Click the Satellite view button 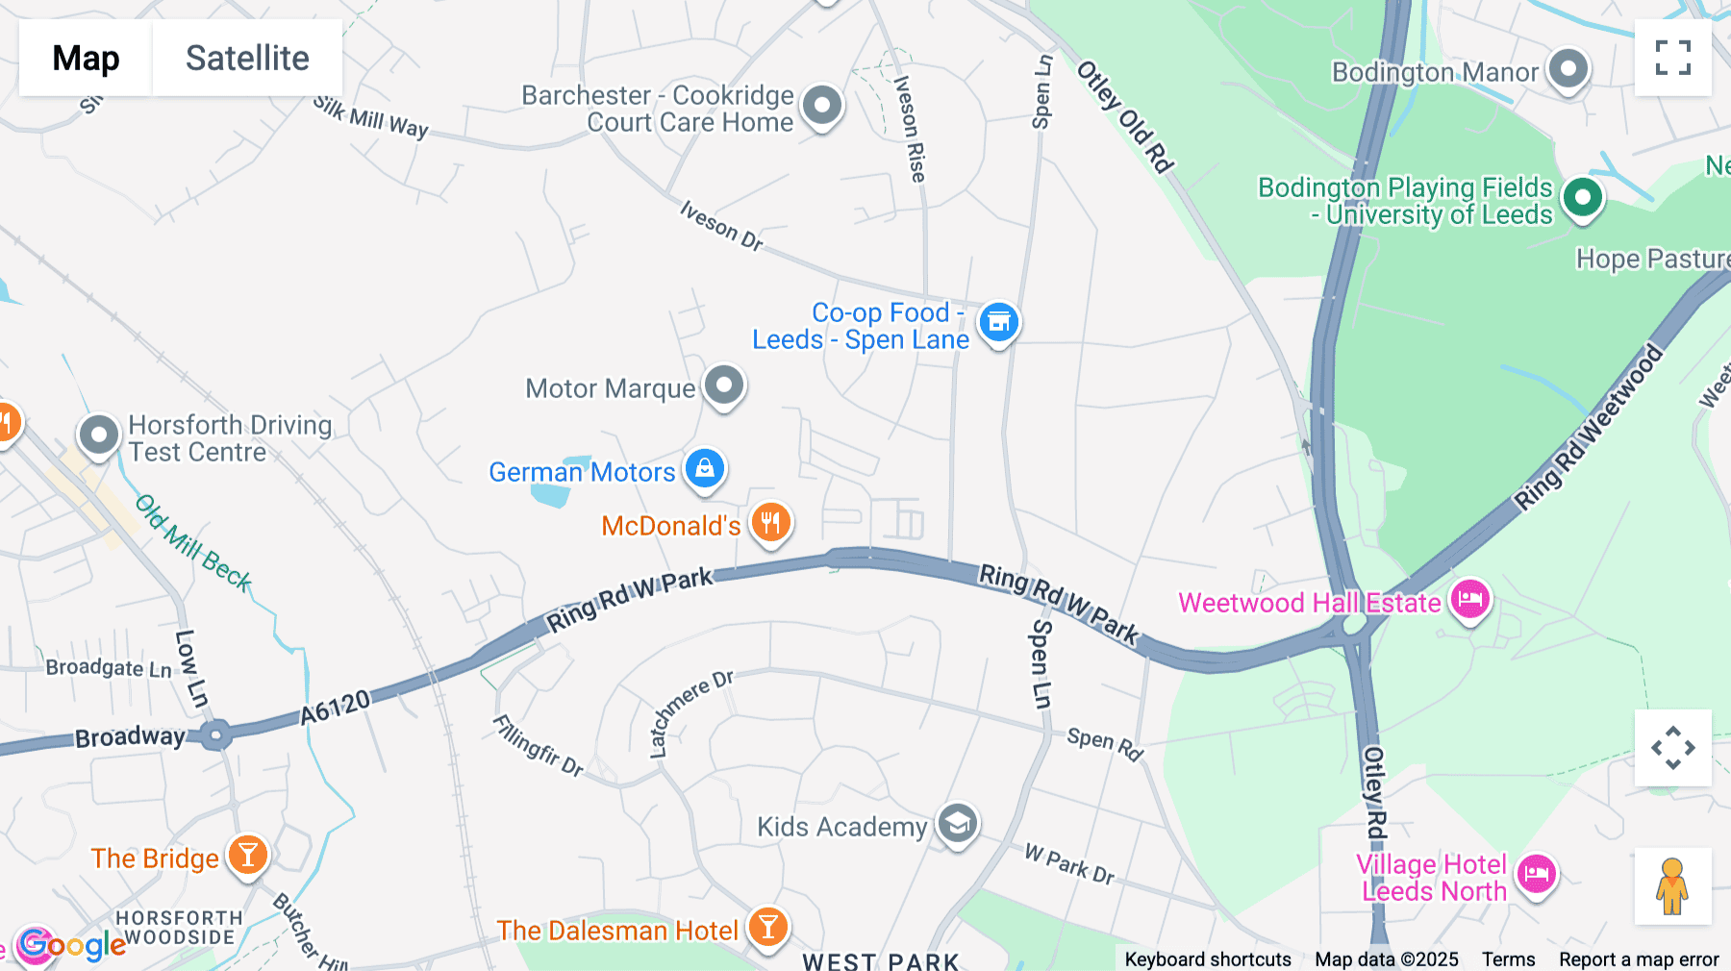[x=247, y=58]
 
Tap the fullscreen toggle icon [x=1672, y=58]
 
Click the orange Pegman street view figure [x=1672, y=885]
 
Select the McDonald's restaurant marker [x=770, y=522]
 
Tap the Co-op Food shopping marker [x=998, y=322]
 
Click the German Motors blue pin [x=705, y=469]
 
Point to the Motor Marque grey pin [x=724, y=386]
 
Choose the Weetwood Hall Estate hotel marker [x=1469, y=600]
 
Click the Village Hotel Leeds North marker [x=1536, y=875]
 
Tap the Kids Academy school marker [x=957, y=824]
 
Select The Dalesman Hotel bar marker [x=767, y=928]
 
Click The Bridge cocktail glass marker [x=247, y=855]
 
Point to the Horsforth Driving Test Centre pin [x=99, y=436]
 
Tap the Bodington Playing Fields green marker [x=1582, y=198]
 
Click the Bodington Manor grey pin [x=1568, y=69]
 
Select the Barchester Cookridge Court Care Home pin [x=822, y=106]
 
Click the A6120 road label [x=335, y=708]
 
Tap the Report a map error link [x=1639, y=959]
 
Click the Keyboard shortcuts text [x=1208, y=959]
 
